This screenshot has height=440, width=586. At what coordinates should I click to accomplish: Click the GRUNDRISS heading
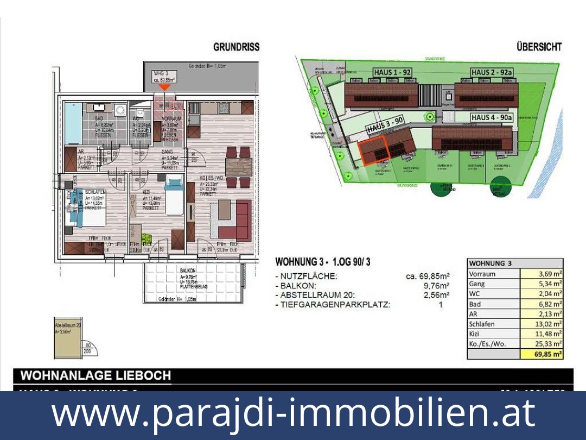coord(236,47)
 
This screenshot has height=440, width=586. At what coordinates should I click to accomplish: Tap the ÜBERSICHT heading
coord(539,47)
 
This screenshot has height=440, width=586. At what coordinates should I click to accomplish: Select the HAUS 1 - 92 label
coord(392,72)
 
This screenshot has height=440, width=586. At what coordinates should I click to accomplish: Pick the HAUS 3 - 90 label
coord(385,125)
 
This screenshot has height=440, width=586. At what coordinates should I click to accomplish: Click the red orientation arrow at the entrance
coord(165,87)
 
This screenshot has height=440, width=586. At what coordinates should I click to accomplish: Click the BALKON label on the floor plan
coord(188,270)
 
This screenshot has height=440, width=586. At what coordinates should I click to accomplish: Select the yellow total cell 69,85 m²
coord(542,354)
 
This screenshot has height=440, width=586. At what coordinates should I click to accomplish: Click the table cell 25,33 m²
coord(542,344)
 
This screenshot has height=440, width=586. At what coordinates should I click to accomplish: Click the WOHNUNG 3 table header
coord(491,263)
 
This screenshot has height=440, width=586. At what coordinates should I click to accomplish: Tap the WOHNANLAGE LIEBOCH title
coord(95,376)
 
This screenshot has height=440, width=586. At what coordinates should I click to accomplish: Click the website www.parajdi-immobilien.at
coord(293,413)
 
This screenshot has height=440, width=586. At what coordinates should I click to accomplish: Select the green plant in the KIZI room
coord(146,237)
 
